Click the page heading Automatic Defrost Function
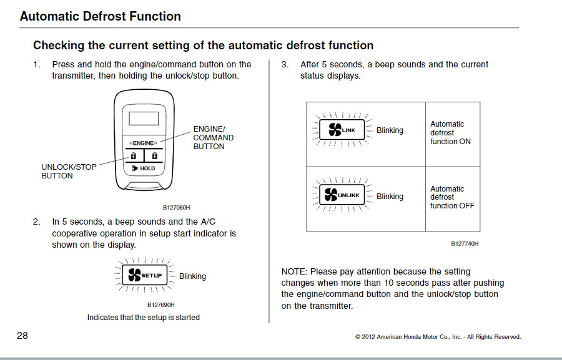pyautogui.click(x=100, y=16)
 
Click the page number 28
pyautogui.click(x=22, y=336)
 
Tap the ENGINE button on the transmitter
pyautogui.click(x=143, y=143)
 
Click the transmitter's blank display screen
pyautogui.click(x=144, y=119)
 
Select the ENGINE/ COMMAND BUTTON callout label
pyautogui.click(x=214, y=137)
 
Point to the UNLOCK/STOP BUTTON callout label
pyautogui.click(x=69, y=171)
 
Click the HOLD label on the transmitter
pyautogui.click(x=147, y=168)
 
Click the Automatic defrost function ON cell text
pyautogui.click(x=450, y=133)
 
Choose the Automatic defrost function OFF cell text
pyautogui.click(x=452, y=197)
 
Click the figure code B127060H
pyautogui.click(x=177, y=207)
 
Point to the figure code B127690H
pyautogui.click(x=161, y=304)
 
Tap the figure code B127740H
pyautogui.click(x=465, y=244)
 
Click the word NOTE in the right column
pyautogui.click(x=293, y=271)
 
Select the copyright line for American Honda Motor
pyautogui.click(x=438, y=337)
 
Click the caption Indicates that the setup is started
pyautogui.click(x=144, y=318)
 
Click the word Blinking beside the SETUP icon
pyautogui.click(x=192, y=276)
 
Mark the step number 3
pyautogui.click(x=285, y=64)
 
